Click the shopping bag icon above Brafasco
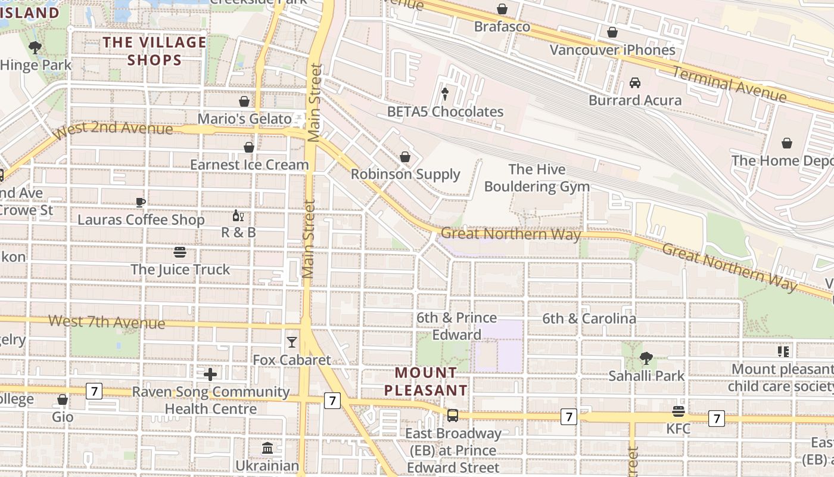click(x=502, y=9)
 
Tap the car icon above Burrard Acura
click(x=635, y=83)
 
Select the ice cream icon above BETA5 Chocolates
click(x=445, y=94)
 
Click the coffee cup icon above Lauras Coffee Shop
click(x=141, y=202)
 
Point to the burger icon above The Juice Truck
click(x=180, y=252)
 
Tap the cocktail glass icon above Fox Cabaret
click(x=291, y=342)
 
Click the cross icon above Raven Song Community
click(x=210, y=374)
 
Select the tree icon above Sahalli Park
click(x=646, y=358)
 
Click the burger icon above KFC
click(x=678, y=411)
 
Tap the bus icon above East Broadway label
click(x=453, y=416)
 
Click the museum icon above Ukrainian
click(x=267, y=448)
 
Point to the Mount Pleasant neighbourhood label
click(x=426, y=382)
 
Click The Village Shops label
click(x=154, y=51)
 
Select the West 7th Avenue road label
click(x=107, y=322)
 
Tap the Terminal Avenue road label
click(x=729, y=84)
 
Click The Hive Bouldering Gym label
click(x=537, y=178)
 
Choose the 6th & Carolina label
click(x=589, y=318)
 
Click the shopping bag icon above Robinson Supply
click(x=405, y=157)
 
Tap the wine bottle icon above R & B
click(x=238, y=216)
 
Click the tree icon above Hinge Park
click(x=35, y=48)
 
